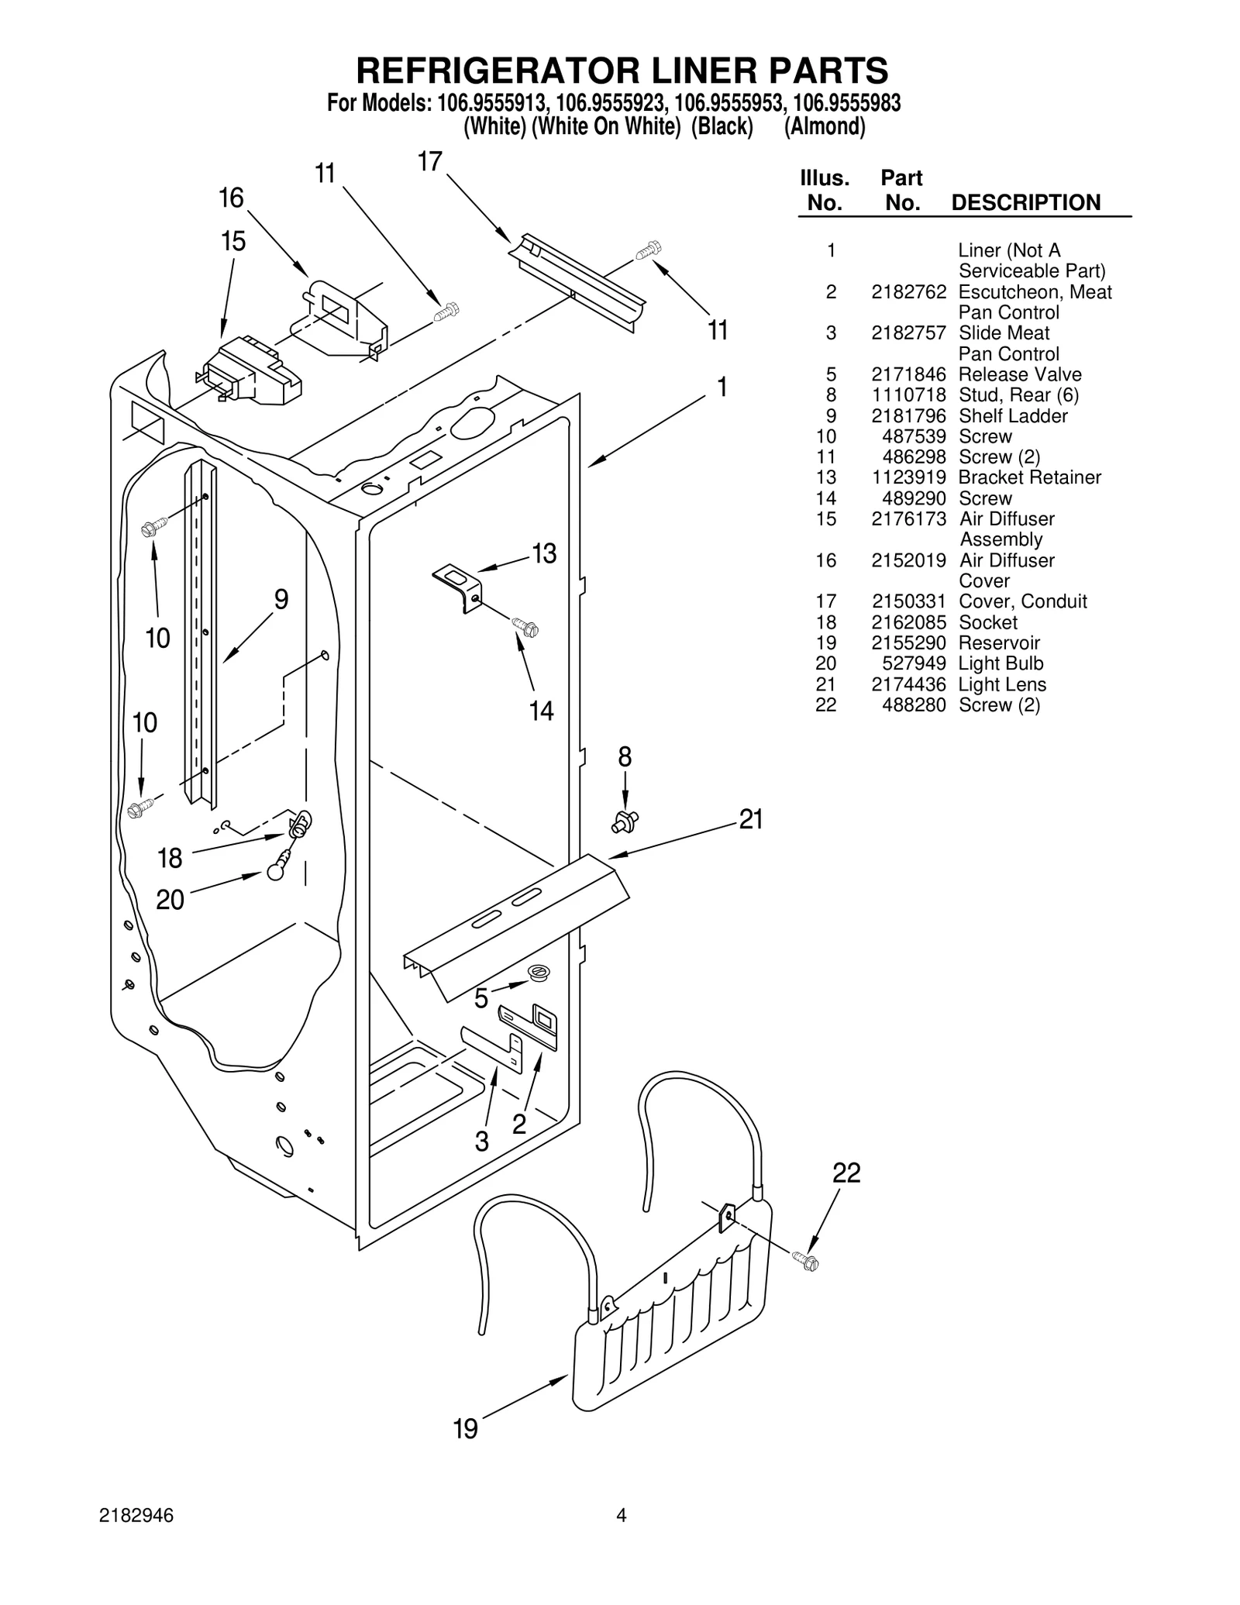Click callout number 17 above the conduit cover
pyautogui.click(x=429, y=162)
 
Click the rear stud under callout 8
pyautogui.click(x=625, y=820)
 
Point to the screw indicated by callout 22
pyautogui.click(x=807, y=1262)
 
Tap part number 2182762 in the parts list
pyautogui.click(x=908, y=292)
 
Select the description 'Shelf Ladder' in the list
pyautogui.click(x=1012, y=416)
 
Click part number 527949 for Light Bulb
pyautogui.click(x=914, y=663)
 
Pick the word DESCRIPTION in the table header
pyautogui.click(x=1025, y=203)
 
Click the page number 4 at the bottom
pyautogui.click(x=621, y=1537)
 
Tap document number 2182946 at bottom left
pyautogui.click(x=136, y=1538)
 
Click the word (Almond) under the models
pyautogui.click(x=825, y=126)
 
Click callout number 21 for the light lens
pyautogui.click(x=751, y=819)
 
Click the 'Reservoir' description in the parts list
pyautogui.click(x=998, y=643)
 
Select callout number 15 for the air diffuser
pyautogui.click(x=233, y=242)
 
